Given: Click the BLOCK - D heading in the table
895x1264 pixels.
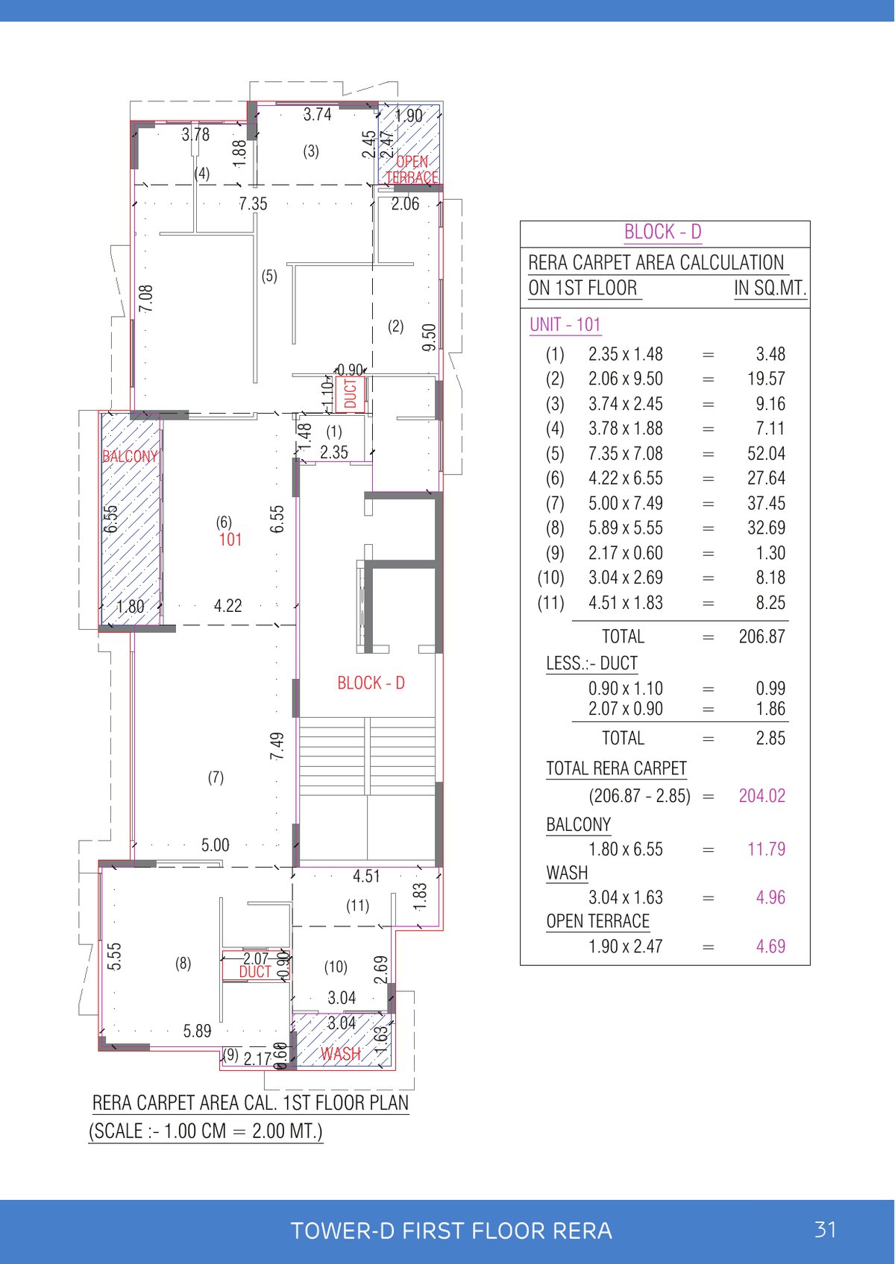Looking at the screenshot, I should click(x=662, y=233).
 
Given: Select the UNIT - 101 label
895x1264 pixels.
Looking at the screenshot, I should click(x=565, y=325).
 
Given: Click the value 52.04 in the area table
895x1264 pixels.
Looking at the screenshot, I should click(x=766, y=454).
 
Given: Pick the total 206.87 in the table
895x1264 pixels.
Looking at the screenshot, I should click(x=761, y=636).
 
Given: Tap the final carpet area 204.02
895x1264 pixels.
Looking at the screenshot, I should click(x=761, y=796).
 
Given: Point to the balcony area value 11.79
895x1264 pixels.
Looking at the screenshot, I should click(x=766, y=850).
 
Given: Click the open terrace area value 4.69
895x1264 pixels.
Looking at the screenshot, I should click(x=770, y=947).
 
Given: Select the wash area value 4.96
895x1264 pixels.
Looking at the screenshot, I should click(x=770, y=898).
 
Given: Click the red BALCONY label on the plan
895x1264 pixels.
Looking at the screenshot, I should click(x=130, y=456).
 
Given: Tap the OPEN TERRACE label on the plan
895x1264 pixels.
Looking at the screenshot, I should click(x=412, y=170).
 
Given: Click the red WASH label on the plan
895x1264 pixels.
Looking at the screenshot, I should click(x=341, y=1054).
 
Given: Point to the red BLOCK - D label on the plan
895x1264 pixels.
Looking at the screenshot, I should click(x=371, y=683).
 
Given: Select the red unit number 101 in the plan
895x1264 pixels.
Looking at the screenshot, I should click(x=230, y=540).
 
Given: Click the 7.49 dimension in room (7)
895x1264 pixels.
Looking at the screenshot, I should click(x=277, y=746).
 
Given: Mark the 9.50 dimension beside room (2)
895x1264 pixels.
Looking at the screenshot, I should click(x=429, y=338).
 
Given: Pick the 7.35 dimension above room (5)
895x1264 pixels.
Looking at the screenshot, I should click(x=253, y=203).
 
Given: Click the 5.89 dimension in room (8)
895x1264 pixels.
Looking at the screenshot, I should click(x=198, y=1031).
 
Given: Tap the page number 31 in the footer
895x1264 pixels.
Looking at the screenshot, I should click(x=825, y=1230).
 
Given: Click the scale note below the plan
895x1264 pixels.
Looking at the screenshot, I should click(x=206, y=1131).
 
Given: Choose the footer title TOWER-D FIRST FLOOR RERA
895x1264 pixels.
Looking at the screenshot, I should click(x=451, y=1230).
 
